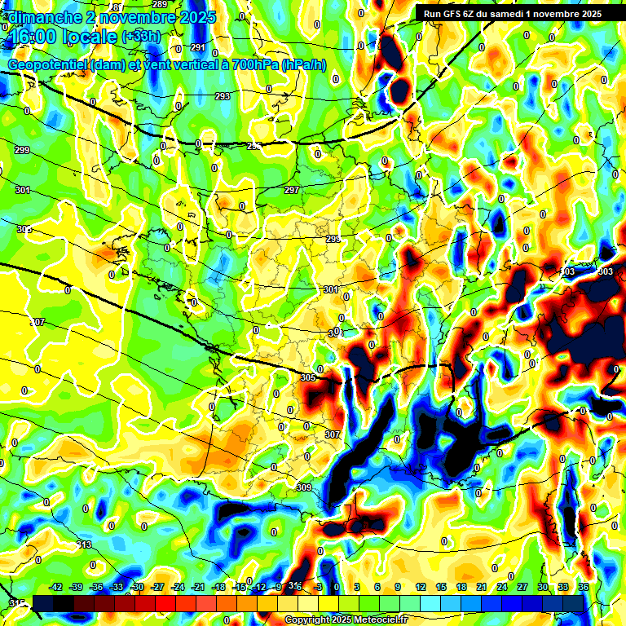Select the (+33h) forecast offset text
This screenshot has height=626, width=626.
click(x=140, y=37)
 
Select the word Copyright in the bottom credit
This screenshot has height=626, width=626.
click(x=308, y=620)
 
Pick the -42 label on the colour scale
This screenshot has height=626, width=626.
click(x=56, y=587)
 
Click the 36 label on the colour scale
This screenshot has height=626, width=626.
click(x=583, y=587)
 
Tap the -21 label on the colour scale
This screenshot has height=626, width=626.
click(x=198, y=587)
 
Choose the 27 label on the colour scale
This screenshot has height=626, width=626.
click(x=522, y=587)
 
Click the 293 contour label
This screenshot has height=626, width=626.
click(x=223, y=96)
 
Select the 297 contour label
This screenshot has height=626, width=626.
click(x=291, y=190)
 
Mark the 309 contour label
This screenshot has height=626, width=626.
click(x=304, y=487)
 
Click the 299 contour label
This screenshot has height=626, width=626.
click(x=22, y=150)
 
